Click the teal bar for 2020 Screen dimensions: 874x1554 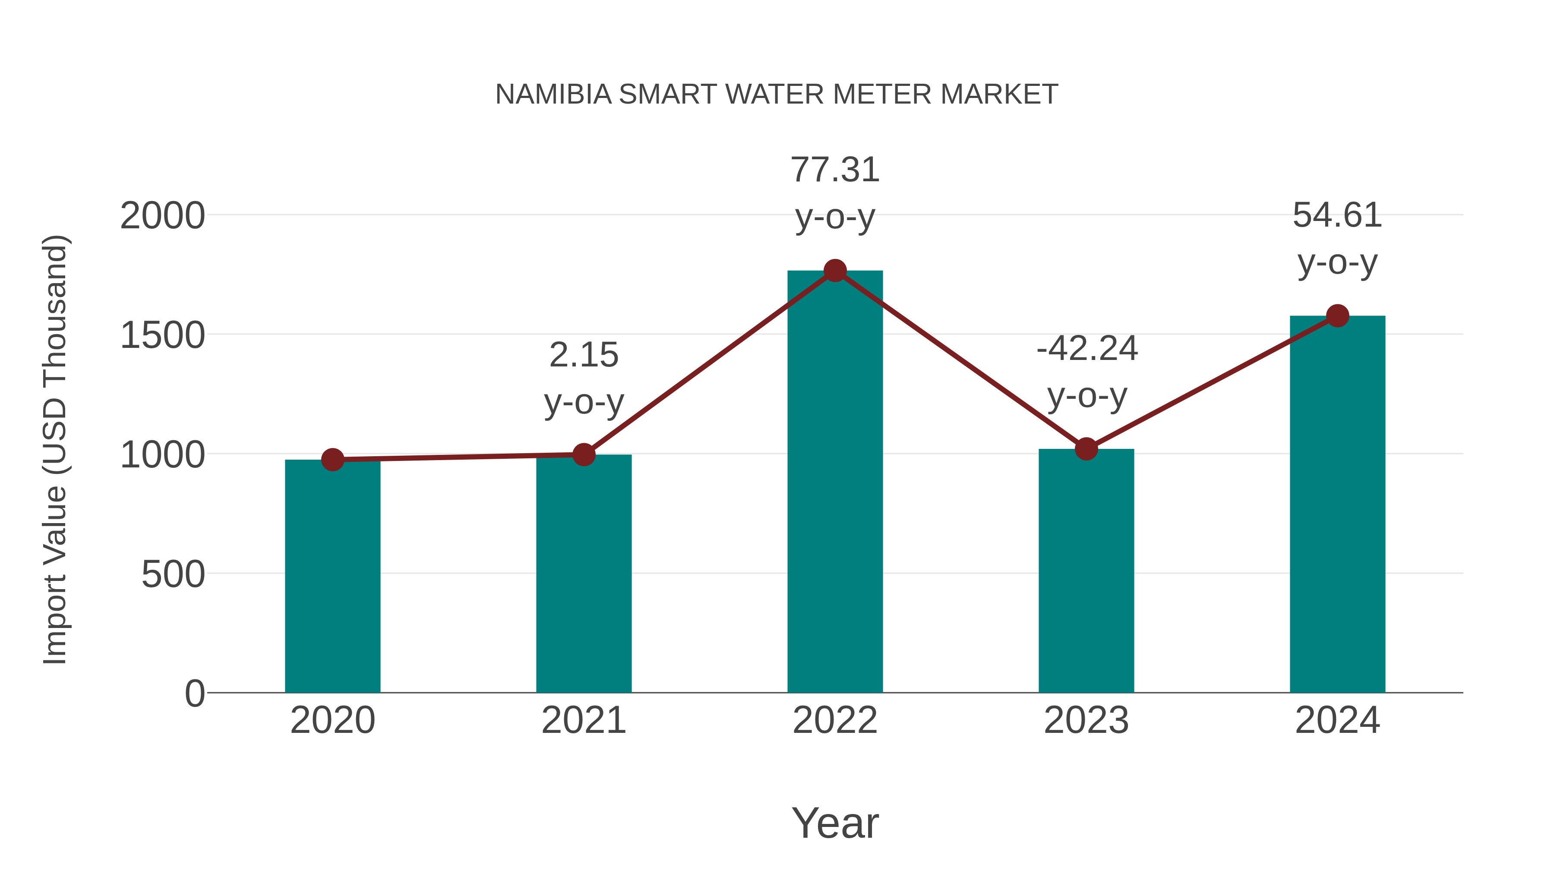pos(332,576)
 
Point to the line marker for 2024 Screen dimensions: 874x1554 pos(1337,316)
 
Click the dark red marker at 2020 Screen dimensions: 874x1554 pos(332,460)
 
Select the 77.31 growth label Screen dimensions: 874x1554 pos(835,170)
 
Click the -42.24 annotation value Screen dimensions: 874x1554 pos(1087,349)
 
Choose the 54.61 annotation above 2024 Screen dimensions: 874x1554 pos(1337,215)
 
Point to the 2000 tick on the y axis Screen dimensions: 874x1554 pos(163,216)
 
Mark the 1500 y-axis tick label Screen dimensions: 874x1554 pos(163,335)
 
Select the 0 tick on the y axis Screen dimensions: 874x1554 pos(195,694)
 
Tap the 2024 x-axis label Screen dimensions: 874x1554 pos(1337,720)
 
